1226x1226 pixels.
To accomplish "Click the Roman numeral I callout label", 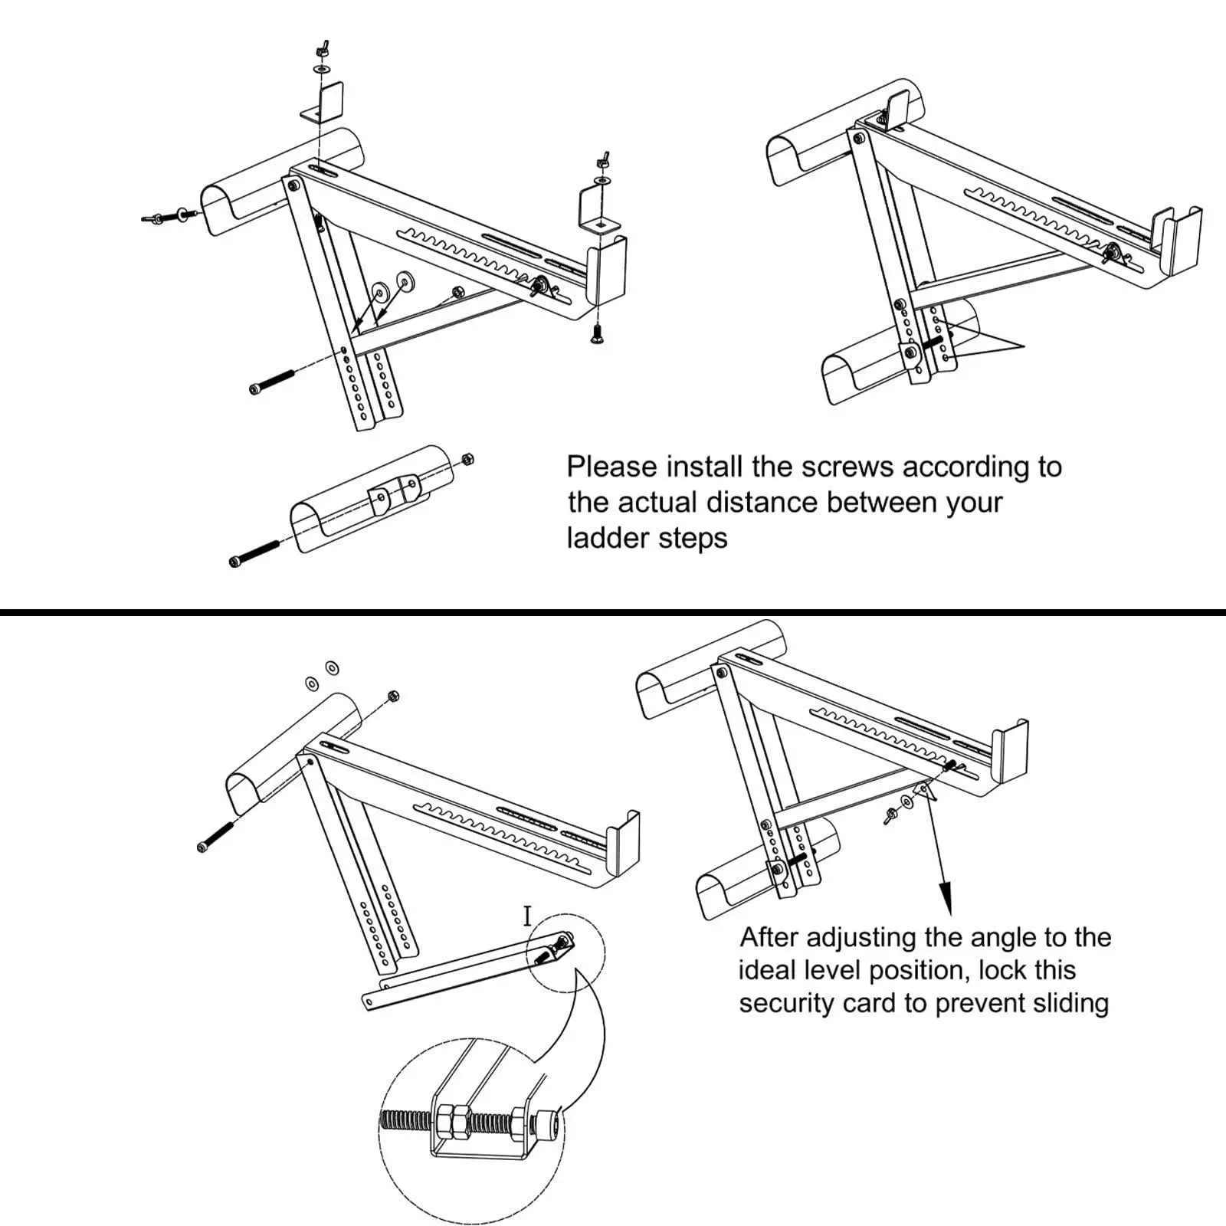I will [527, 916].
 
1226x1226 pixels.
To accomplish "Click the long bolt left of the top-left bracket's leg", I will [273, 382].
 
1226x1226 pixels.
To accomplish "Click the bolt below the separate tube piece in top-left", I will [254, 554].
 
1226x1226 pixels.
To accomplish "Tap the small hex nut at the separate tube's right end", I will [468, 460].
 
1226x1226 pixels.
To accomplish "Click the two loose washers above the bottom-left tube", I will [322, 675].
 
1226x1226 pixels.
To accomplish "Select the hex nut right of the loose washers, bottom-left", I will [392, 696].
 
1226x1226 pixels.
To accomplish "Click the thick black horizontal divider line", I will [613, 612].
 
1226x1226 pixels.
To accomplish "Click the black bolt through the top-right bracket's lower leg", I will [935, 343].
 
